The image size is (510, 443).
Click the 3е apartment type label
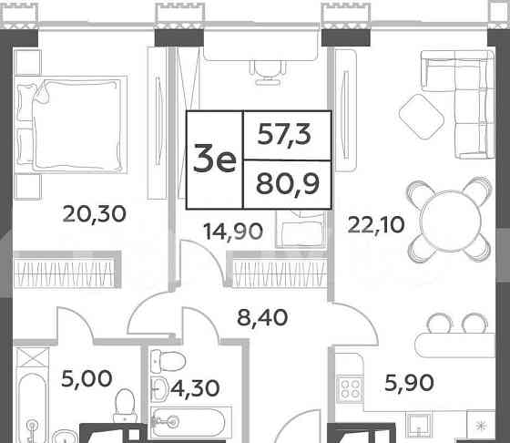215,161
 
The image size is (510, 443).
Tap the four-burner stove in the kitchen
352,391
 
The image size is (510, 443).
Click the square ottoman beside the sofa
421,117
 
